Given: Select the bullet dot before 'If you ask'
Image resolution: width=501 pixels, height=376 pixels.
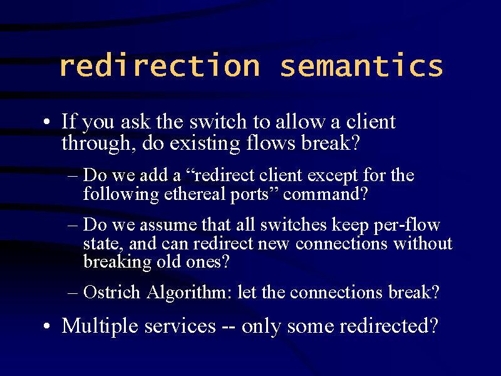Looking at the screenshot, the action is point(46,122).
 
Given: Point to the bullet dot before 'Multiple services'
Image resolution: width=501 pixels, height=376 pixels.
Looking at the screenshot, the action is point(46,326).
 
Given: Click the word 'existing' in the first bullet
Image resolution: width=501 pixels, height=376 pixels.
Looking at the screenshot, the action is point(205,144).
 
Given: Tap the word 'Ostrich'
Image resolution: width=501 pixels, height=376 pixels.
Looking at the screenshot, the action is point(111,292).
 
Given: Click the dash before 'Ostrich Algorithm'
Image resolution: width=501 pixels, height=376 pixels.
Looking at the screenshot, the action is point(73,293).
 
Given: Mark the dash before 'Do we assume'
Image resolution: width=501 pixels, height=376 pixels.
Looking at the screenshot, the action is point(73,225).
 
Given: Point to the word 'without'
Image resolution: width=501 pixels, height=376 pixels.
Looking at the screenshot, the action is point(423,243).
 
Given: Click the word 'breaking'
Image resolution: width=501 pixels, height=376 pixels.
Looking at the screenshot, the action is point(117,262).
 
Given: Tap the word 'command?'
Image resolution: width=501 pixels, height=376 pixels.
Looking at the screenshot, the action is point(326,194).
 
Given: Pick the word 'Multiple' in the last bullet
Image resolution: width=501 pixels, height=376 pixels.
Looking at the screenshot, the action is point(100,326).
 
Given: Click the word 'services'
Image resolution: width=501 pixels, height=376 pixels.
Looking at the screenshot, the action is point(180,326).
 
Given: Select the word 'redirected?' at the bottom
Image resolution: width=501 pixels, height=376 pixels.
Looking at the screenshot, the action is point(388,326).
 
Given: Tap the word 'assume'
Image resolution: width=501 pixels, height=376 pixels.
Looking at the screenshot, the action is point(168,225).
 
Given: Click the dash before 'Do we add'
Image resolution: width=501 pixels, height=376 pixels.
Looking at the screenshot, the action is point(73,175).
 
